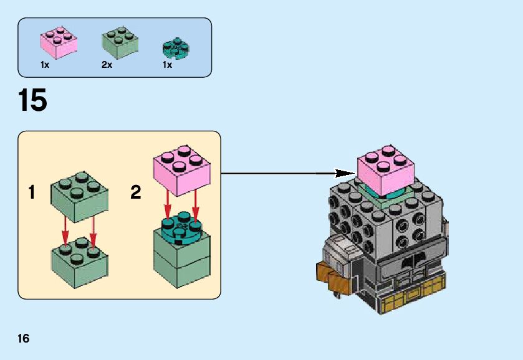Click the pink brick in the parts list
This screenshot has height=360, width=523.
pos(59,42)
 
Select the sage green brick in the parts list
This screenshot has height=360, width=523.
pos(119,41)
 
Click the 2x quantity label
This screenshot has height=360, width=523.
pos(107,65)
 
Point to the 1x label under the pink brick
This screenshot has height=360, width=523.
pos(46,65)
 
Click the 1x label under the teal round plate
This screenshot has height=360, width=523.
pos(167,65)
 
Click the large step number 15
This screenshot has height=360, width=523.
pos(32,100)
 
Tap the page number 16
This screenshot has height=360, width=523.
pos(24,339)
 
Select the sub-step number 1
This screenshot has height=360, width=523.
pos(32,192)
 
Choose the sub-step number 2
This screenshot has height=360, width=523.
pos(135,192)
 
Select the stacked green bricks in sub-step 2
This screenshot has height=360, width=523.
pos(181,258)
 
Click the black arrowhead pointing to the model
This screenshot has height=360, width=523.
pos(344,173)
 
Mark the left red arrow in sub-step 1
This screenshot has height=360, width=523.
pos(65,230)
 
